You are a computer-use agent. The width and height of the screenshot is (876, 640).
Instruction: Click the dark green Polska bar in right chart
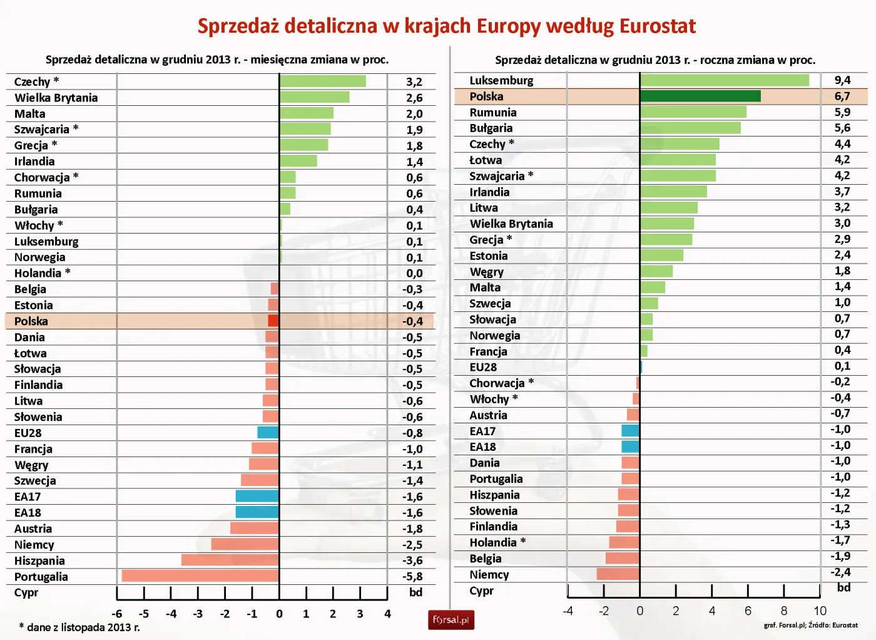(x=700, y=96)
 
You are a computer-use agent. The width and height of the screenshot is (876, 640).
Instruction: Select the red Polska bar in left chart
(x=273, y=321)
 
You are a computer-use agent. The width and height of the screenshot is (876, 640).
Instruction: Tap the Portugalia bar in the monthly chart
(x=200, y=576)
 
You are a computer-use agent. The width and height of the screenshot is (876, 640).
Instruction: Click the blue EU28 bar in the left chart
(x=268, y=432)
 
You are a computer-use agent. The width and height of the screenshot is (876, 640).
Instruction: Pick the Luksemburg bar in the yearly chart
(x=724, y=80)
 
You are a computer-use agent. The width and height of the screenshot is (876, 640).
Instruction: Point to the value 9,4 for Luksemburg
(x=842, y=80)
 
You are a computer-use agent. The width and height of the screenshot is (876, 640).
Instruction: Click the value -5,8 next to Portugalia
(x=413, y=576)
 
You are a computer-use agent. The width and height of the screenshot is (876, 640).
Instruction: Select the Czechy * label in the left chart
(x=36, y=81)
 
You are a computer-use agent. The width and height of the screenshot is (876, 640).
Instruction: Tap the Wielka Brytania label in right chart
(x=511, y=224)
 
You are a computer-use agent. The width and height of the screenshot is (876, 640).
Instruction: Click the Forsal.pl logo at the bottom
(x=451, y=620)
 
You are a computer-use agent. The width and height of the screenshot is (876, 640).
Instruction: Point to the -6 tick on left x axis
(x=117, y=614)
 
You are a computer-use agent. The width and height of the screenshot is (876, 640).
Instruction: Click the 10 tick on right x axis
(x=820, y=611)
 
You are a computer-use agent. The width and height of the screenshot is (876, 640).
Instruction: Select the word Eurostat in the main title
(x=657, y=26)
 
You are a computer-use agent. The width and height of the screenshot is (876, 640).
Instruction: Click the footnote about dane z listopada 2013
(x=79, y=627)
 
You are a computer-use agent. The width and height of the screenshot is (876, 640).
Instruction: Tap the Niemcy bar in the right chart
(x=618, y=574)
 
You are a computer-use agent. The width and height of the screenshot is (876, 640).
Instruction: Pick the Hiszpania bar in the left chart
(x=230, y=560)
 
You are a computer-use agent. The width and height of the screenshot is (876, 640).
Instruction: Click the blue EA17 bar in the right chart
(x=630, y=431)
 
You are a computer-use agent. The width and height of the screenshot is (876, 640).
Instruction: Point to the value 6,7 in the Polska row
(x=842, y=96)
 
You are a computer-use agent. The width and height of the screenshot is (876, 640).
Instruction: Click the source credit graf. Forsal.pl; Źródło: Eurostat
(x=810, y=625)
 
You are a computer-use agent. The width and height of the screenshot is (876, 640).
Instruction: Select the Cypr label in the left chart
(x=26, y=592)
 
